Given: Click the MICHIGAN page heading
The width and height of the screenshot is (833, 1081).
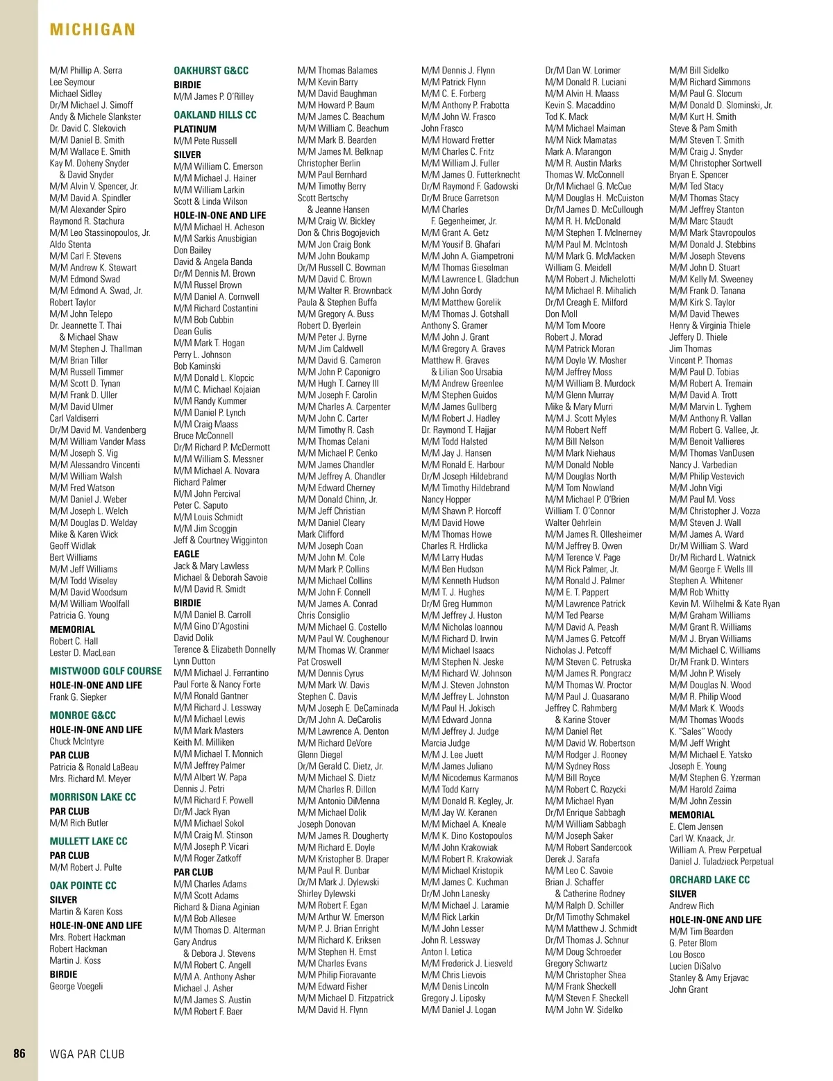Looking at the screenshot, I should (x=92, y=30).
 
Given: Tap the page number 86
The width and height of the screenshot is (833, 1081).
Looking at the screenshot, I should (x=19, y=1053).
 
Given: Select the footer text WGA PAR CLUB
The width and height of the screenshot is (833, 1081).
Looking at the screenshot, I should (x=87, y=1054).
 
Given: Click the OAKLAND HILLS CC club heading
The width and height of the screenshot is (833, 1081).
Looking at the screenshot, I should (x=214, y=114).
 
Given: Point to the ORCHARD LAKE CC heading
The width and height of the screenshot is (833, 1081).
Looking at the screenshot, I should (x=709, y=880).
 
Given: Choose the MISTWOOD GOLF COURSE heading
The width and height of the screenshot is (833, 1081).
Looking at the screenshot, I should (x=106, y=671).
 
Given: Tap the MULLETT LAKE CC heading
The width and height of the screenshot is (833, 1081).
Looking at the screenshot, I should (x=88, y=841).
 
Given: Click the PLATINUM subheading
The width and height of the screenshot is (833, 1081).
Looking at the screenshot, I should (x=195, y=129).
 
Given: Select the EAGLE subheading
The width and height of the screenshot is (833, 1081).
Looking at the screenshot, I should (x=186, y=554).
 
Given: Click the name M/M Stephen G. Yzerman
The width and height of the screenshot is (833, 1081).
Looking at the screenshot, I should (x=714, y=778).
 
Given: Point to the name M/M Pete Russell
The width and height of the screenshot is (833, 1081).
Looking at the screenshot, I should (x=205, y=141).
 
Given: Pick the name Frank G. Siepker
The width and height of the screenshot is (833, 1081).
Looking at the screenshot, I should (x=78, y=697).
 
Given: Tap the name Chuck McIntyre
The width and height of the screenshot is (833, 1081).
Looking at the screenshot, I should (x=76, y=742).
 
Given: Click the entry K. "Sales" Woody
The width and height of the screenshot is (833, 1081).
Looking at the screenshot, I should (x=700, y=731).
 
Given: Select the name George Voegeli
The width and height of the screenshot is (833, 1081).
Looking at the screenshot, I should (x=76, y=986).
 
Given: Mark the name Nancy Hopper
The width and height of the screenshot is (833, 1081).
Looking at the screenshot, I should (x=446, y=500).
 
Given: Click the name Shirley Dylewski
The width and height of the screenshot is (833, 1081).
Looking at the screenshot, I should (x=326, y=894).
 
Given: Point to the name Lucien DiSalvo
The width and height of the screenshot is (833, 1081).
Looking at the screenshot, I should (x=695, y=967).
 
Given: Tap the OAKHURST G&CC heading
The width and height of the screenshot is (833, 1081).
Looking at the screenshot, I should (x=210, y=71).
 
